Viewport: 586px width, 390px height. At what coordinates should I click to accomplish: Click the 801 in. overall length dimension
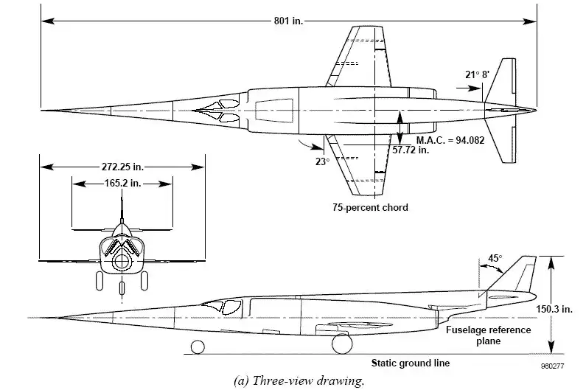click(x=288, y=20)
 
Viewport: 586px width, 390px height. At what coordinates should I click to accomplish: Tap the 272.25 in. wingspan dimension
click(x=122, y=165)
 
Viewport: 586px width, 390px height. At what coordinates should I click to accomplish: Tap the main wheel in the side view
click(x=341, y=344)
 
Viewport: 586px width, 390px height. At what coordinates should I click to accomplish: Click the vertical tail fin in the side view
click(x=525, y=276)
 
